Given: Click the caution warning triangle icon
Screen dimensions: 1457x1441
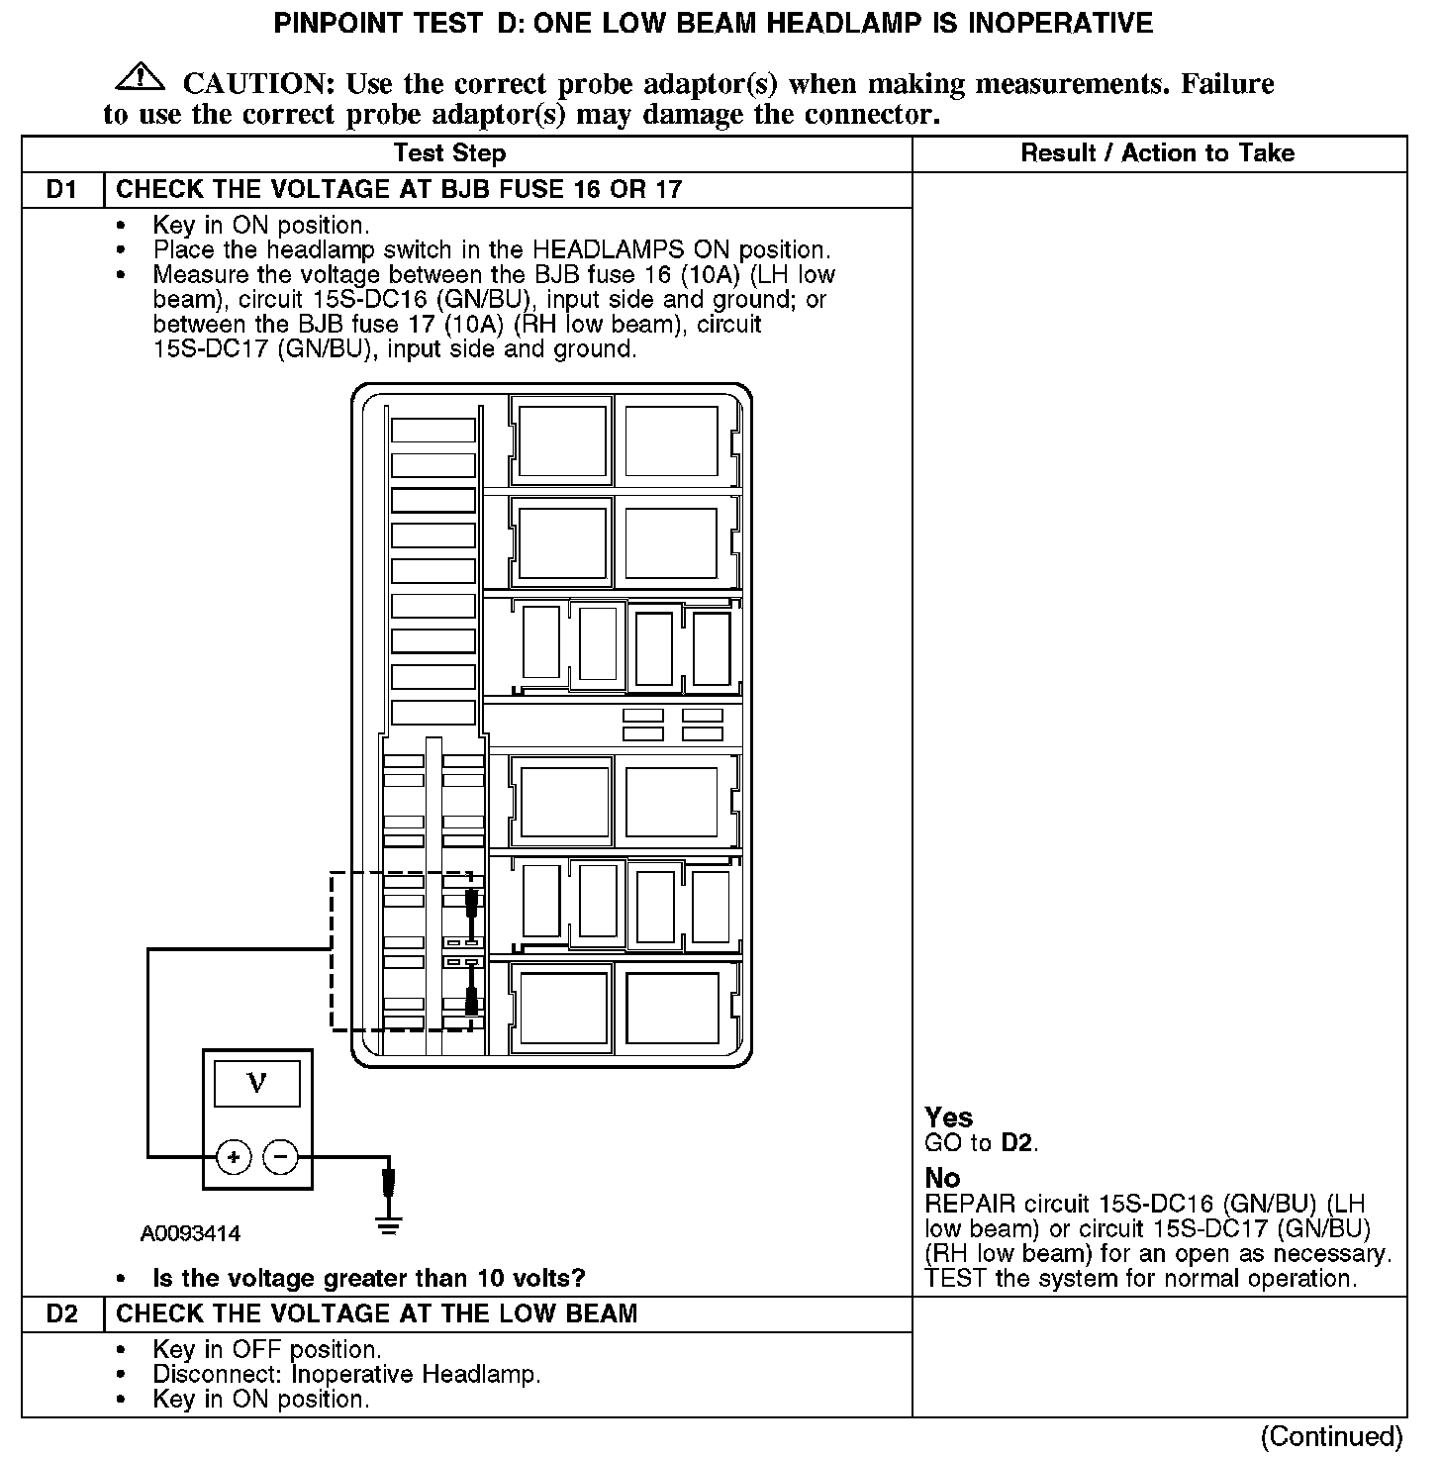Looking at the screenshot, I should click(140, 76).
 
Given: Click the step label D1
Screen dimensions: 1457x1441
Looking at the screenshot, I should click(61, 189).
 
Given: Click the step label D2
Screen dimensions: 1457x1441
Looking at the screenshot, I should click(61, 1313).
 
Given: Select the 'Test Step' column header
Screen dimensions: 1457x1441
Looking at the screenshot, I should click(449, 153).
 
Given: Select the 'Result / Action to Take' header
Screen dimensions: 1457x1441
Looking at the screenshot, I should click(1157, 153).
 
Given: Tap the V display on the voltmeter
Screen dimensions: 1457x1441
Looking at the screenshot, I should click(256, 1084).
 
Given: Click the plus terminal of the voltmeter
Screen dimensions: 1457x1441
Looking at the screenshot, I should click(234, 1156).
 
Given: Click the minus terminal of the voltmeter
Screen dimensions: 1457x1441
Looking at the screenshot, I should click(281, 1156).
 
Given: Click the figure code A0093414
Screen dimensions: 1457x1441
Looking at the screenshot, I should click(190, 1233).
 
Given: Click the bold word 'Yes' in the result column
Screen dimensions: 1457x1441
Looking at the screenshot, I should click(949, 1117).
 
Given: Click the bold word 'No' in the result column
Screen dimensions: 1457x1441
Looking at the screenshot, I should click(942, 1178).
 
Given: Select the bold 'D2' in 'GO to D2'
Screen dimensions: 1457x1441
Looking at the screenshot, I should click(1017, 1143).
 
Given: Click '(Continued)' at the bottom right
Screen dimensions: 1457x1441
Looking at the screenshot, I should click(1331, 1435).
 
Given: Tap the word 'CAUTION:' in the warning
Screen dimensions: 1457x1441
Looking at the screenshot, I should click(259, 84).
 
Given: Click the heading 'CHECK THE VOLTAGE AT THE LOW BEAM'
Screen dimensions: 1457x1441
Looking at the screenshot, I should click(377, 1313).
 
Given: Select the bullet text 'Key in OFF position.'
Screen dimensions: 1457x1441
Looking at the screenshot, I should click(266, 1349).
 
